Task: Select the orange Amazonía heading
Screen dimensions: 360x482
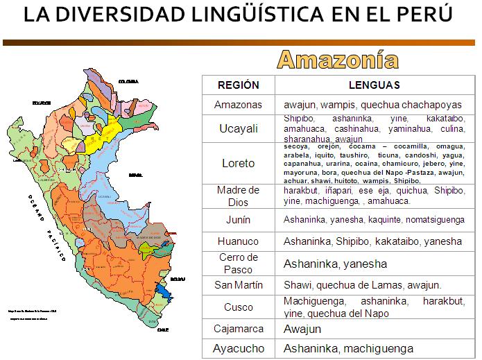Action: pyautogui.click(x=338, y=60)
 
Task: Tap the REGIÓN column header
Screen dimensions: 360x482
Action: pyautogui.click(x=238, y=85)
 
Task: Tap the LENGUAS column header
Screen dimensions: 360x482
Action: pyautogui.click(x=374, y=85)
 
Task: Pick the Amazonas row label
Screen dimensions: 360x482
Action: pyautogui.click(x=238, y=105)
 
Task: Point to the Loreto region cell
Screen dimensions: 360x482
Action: pyautogui.click(x=238, y=164)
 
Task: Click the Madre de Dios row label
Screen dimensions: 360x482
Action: pyautogui.click(x=238, y=195)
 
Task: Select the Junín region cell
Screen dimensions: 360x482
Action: pyautogui.click(x=238, y=220)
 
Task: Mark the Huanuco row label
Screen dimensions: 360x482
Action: pyautogui.click(x=238, y=241)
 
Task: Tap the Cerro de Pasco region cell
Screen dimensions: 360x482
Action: pyautogui.click(x=238, y=263)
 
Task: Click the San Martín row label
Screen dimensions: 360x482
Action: pyautogui.click(x=238, y=285)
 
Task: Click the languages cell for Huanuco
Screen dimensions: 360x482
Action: pyautogui.click(x=372, y=241)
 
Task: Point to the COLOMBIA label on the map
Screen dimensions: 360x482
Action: pyautogui.click(x=128, y=81)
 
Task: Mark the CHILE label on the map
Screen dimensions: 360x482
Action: pyautogui.click(x=162, y=330)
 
